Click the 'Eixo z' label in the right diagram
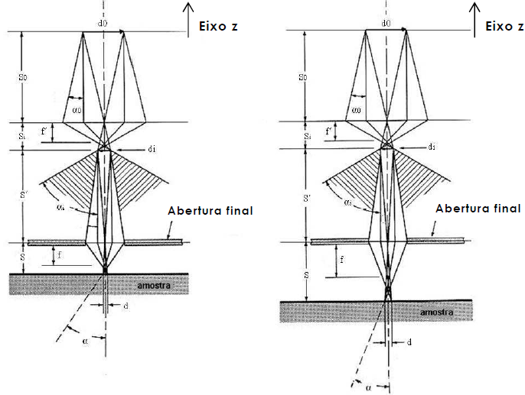pyautogui.click(x=503, y=27)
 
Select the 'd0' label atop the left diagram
pyautogui.click(x=103, y=24)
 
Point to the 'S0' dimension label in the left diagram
pyautogui.click(x=24, y=76)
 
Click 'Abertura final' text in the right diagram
pyautogui.click(x=478, y=208)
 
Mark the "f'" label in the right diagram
pyautogui.click(x=328, y=132)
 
